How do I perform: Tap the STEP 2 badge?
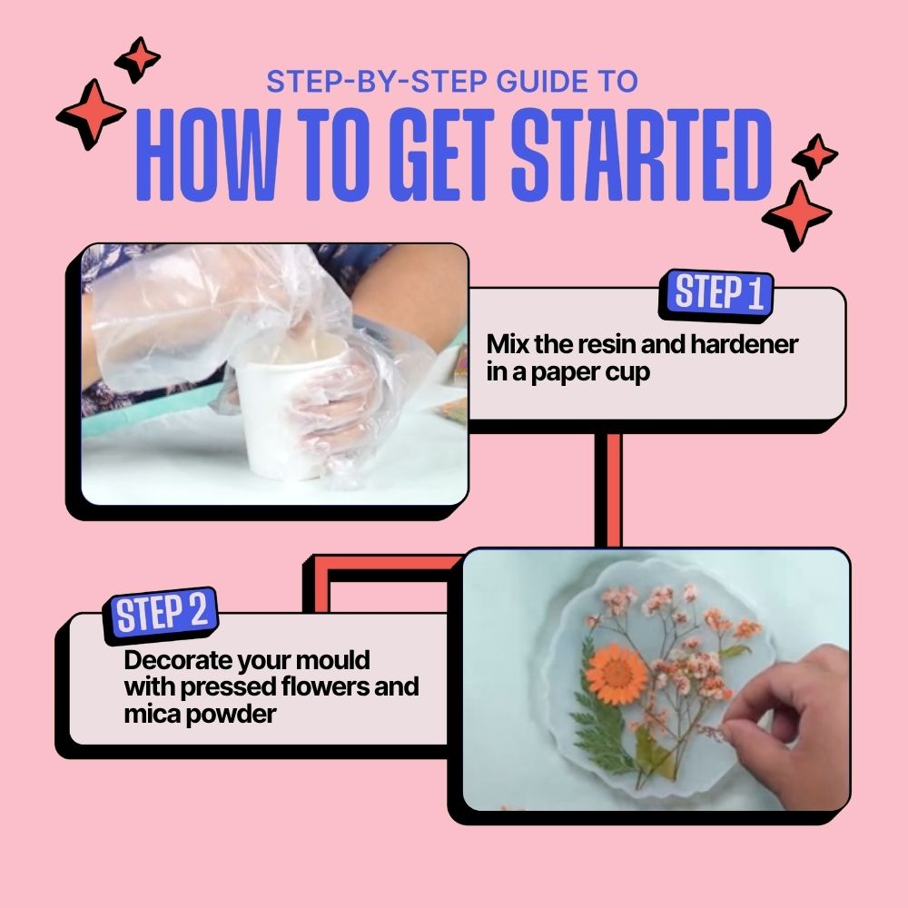pos(161,615)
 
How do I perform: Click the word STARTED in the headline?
pos(642,154)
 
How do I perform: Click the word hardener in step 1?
pos(745,344)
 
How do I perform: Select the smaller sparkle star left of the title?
pos(138,59)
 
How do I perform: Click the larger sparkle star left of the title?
pos(90,114)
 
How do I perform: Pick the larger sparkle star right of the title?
pos(798,215)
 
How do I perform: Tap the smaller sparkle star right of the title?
pos(815,156)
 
